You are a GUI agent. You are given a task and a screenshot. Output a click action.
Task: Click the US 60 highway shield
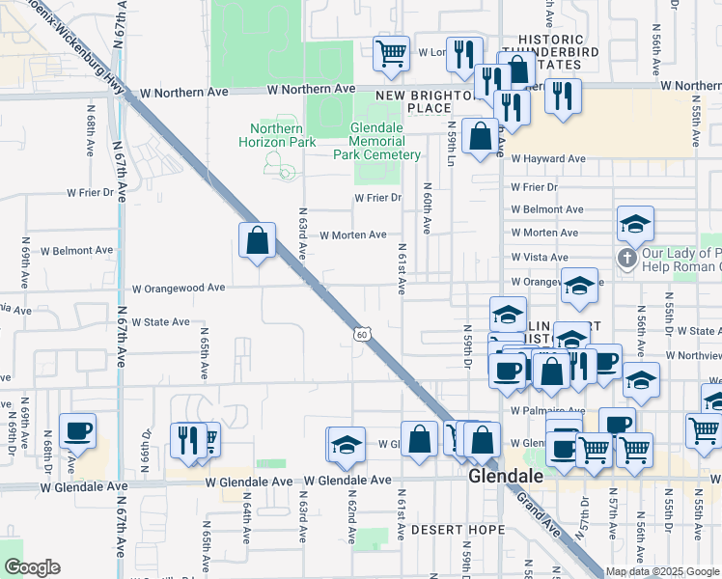point(360,334)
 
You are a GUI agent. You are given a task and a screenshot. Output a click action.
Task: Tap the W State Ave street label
point(160,321)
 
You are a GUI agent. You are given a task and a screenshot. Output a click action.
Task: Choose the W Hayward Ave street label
point(548,158)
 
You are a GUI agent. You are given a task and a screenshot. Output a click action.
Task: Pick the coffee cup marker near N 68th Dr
point(77,430)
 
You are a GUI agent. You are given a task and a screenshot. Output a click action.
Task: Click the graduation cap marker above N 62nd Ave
point(347,444)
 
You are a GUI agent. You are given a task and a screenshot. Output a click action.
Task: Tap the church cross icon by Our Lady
point(626,259)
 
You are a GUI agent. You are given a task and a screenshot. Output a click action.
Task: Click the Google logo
point(33,567)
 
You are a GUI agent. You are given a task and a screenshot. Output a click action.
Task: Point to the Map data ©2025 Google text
point(661,571)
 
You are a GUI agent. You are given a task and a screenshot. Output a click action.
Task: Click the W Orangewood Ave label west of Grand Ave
point(179,288)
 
